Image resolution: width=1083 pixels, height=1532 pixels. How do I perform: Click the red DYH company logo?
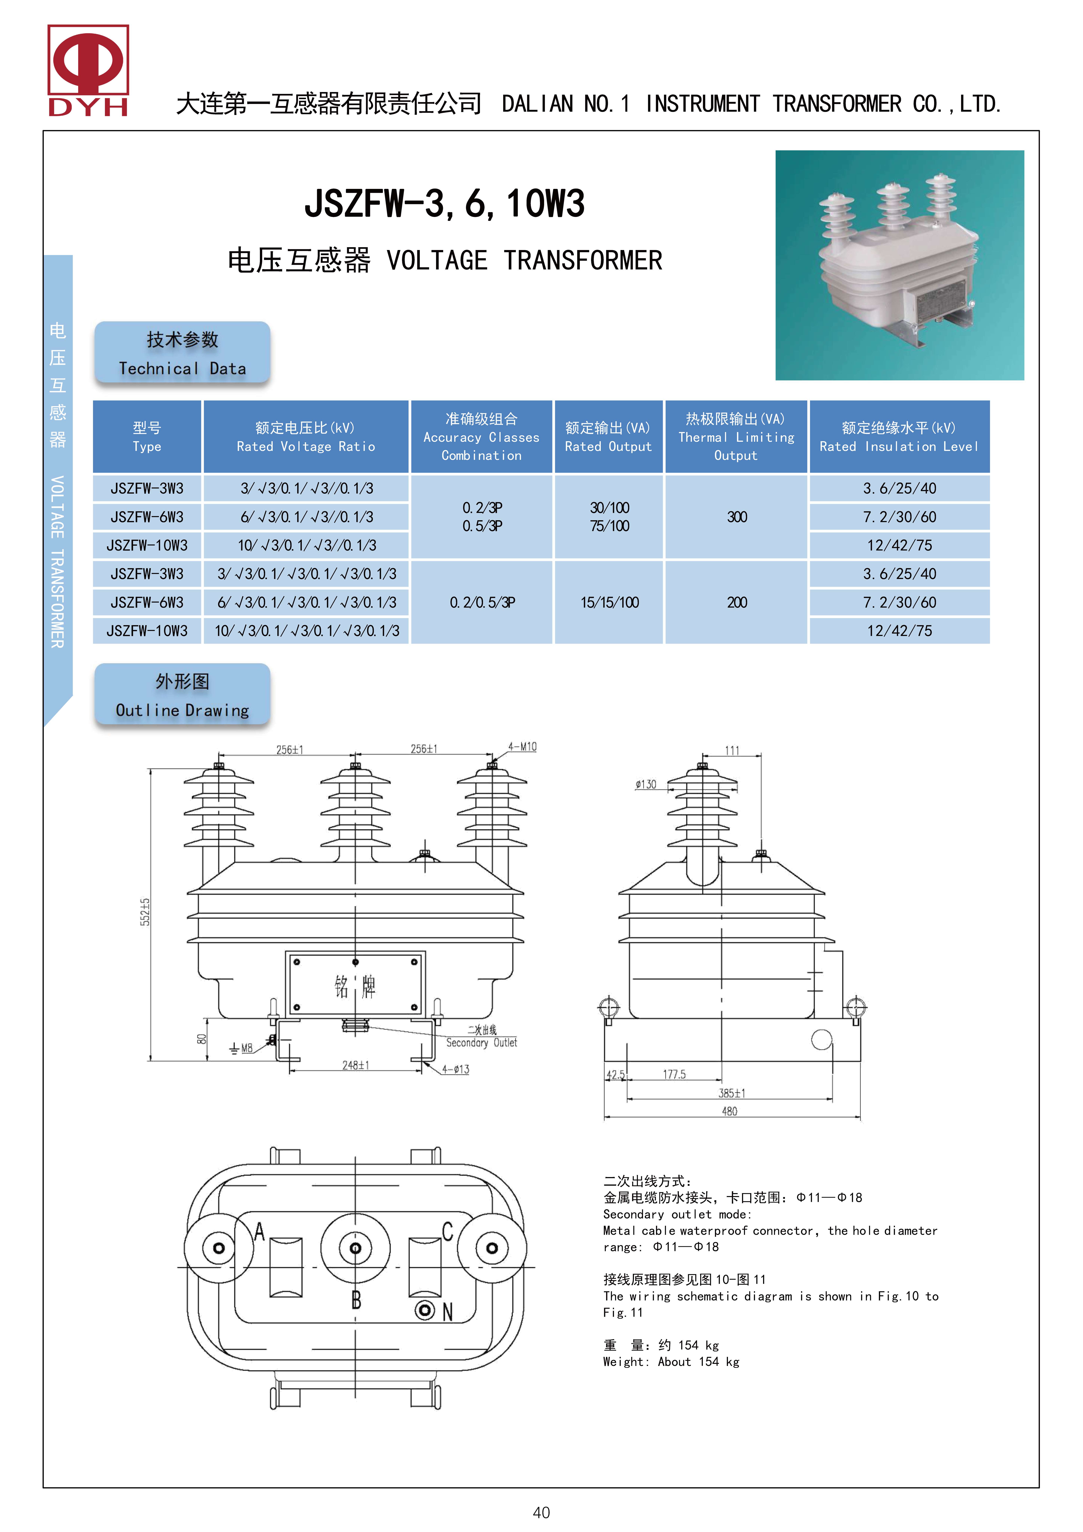click(88, 70)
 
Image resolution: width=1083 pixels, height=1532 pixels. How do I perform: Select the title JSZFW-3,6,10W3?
click(444, 203)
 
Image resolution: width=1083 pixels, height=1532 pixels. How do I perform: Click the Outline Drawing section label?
click(182, 695)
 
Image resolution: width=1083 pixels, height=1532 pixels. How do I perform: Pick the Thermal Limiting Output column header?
click(736, 437)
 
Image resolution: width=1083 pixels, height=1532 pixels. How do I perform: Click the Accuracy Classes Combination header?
click(481, 437)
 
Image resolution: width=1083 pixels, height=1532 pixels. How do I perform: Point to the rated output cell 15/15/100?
click(609, 603)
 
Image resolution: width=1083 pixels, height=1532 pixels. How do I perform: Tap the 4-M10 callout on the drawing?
click(522, 747)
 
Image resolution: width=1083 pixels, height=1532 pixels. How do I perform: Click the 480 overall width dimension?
click(729, 1111)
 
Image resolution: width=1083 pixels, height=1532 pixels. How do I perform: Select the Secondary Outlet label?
click(481, 1042)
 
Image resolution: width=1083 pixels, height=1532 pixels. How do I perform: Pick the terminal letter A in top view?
click(260, 1231)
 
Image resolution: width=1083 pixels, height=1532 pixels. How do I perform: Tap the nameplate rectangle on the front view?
click(355, 984)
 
